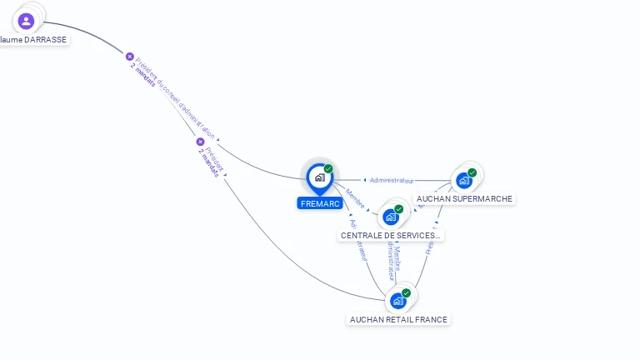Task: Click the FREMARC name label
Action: click(x=319, y=203)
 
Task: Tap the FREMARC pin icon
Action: click(x=319, y=177)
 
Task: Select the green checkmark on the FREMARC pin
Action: click(x=328, y=169)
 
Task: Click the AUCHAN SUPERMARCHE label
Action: click(x=464, y=198)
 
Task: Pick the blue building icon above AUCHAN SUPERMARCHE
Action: click(x=464, y=180)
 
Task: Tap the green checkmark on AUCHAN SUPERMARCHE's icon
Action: click(x=472, y=172)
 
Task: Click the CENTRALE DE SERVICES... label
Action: click(x=390, y=235)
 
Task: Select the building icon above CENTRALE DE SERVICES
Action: click(x=391, y=217)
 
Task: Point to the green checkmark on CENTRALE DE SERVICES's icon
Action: click(x=398, y=209)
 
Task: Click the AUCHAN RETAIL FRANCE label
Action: click(x=398, y=319)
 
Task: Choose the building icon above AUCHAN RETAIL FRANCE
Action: click(x=398, y=301)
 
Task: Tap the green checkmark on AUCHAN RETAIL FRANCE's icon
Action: click(x=406, y=293)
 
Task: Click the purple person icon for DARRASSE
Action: click(x=26, y=20)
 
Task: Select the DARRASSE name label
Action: click(x=33, y=39)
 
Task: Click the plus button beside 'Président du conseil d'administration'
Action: click(x=130, y=57)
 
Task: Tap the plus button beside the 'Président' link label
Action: click(x=200, y=142)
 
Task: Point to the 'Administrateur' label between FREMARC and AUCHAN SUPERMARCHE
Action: click(x=391, y=180)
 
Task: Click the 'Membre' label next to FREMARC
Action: click(x=355, y=198)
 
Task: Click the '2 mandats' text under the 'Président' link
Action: click(x=208, y=162)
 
